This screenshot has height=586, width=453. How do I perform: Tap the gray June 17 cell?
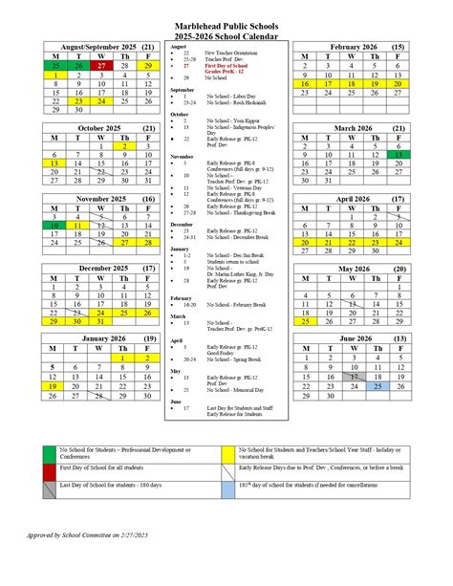click(354, 376)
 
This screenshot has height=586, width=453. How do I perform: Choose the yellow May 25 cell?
click(304, 321)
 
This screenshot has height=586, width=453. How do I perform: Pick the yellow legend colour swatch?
click(227, 454)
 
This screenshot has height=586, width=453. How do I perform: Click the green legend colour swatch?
click(48, 454)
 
